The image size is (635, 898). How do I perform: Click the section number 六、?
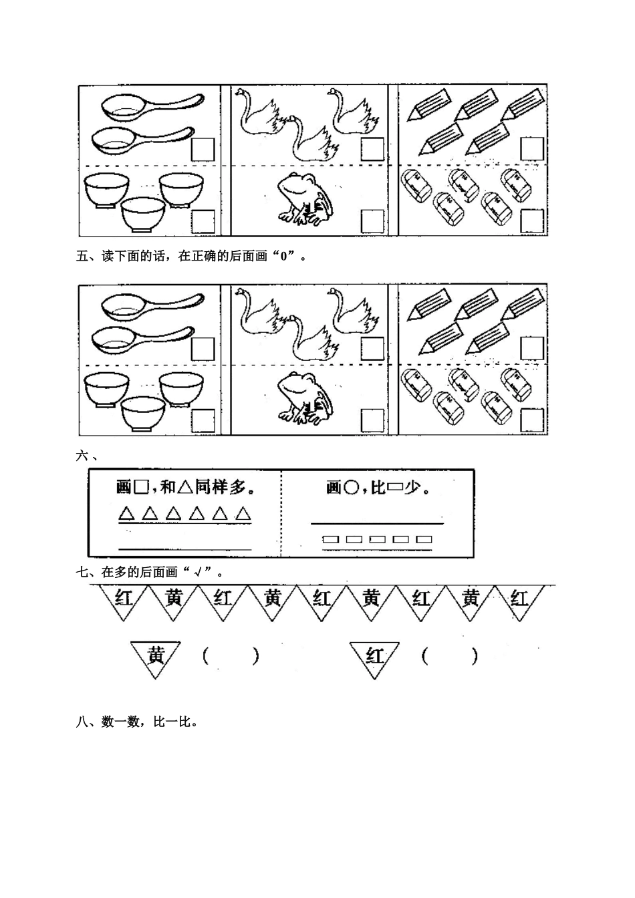(x=88, y=457)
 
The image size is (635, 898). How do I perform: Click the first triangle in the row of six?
(x=126, y=514)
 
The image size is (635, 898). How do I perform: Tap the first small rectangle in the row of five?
(x=330, y=539)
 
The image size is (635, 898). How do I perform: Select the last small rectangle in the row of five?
(x=424, y=539)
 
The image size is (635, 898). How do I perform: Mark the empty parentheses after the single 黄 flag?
(x=230, y=657)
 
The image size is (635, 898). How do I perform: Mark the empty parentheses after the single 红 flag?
(x=450, y=657)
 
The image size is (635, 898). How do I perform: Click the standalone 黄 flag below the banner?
(x=156, y=656)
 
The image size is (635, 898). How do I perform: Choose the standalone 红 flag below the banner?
(x=374, y=656)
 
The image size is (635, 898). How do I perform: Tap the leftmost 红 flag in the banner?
(x=124, y=598)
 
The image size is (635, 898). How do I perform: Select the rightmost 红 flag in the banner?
(x=519, y=598)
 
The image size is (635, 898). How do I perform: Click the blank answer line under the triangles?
(x=184, y=549)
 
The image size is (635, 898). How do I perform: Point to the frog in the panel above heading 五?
(x=305, y=197)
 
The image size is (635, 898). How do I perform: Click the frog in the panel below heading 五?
(x=305, y=398)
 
